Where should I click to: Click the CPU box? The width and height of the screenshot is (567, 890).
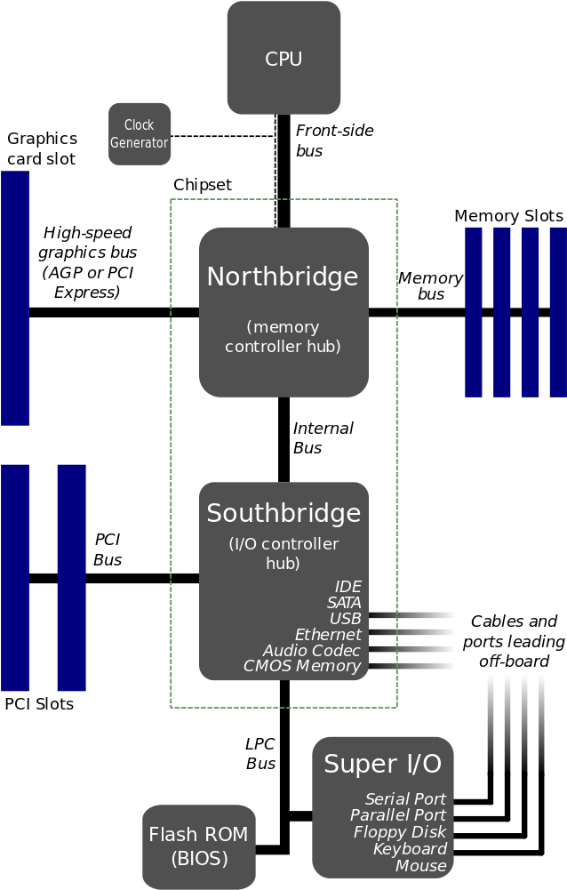283,59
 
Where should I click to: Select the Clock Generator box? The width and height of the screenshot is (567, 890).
140,133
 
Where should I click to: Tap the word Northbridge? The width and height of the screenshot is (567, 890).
283,277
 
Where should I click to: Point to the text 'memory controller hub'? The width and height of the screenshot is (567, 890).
283,336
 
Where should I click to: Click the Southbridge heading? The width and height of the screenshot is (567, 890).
283,513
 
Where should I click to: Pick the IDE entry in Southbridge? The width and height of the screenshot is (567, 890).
347,587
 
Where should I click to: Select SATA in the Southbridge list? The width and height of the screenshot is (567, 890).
344,603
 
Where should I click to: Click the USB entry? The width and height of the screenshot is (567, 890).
345,619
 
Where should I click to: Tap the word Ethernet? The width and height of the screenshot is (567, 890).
328,635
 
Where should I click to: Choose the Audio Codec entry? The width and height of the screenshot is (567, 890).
312,651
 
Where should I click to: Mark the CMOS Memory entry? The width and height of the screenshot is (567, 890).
302,666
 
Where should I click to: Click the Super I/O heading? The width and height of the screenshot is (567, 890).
382,764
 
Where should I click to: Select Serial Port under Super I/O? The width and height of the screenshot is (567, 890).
405,799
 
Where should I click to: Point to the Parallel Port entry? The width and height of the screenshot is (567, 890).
398,815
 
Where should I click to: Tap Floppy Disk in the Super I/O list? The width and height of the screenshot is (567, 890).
400,832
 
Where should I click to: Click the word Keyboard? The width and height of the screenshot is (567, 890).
410,849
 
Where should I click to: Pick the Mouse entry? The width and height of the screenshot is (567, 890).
421,866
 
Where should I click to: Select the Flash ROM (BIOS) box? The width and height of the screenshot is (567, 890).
198,846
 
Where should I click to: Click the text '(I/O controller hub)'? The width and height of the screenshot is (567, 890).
283,553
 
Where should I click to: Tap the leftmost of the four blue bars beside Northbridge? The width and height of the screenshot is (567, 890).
475,311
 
